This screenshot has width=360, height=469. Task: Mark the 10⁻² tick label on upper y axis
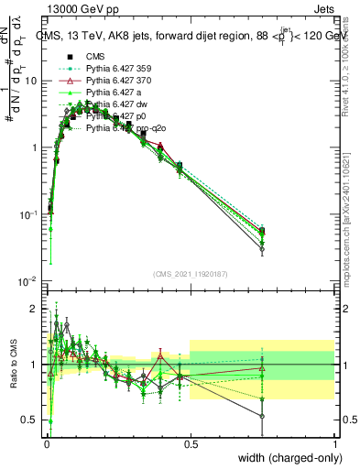coord(27,280)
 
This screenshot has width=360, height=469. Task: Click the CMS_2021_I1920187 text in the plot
coord(191,274)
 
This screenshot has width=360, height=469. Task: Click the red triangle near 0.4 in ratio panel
coord(161,354)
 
